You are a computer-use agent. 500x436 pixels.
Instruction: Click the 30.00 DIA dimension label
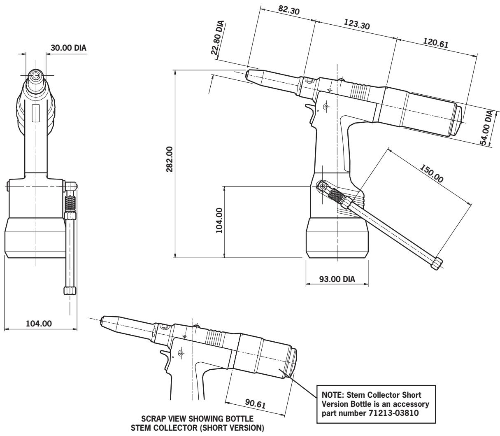point(68,48)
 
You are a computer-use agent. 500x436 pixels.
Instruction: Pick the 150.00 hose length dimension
point(432,173)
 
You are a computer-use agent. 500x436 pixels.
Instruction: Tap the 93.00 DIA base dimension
point(337,280)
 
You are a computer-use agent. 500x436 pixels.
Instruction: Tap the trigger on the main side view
point(309,109)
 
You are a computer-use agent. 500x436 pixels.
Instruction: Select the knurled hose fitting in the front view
point(70,204)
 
